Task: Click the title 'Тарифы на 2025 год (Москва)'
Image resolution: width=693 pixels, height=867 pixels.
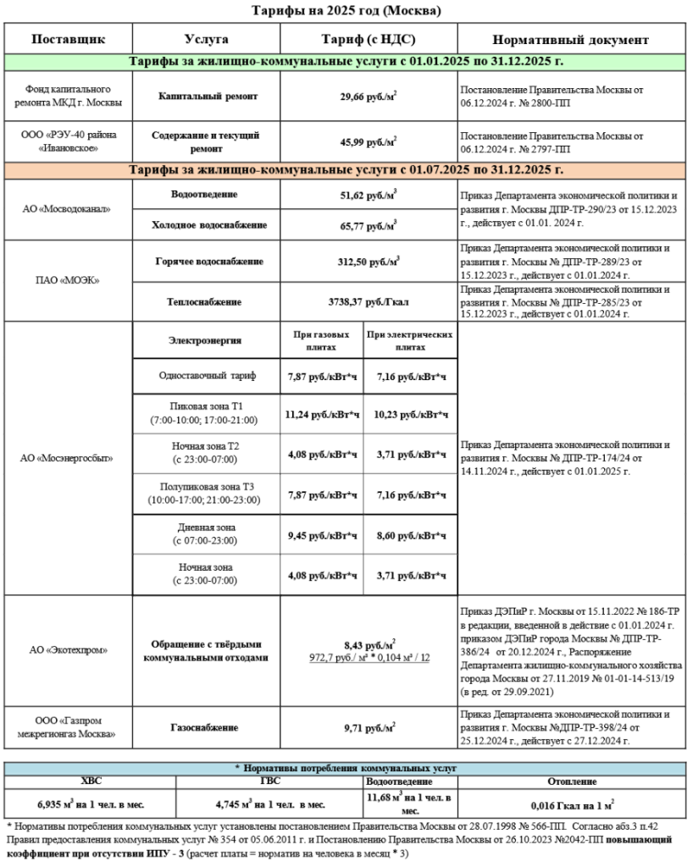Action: [346, 10]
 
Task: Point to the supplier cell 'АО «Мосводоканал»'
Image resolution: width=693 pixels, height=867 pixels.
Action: [70, 209]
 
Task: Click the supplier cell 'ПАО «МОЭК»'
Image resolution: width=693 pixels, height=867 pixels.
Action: [70, 281]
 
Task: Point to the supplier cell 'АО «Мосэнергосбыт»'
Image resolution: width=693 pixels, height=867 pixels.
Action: [70, 458]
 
